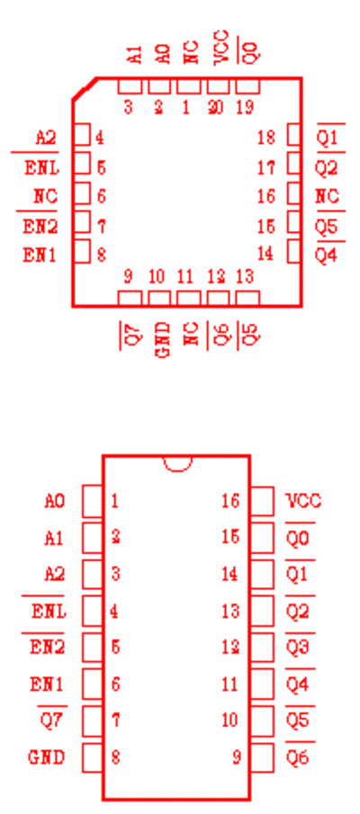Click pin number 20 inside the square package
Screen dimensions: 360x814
(216, 107)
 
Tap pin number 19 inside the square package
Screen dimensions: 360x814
(245, 107)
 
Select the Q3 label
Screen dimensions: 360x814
(298, 648)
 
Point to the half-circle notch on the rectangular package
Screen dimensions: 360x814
(177, 465)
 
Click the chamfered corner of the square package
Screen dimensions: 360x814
(85, 88)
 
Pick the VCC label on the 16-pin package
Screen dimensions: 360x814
(304, 501)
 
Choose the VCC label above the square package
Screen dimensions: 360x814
(221, 48)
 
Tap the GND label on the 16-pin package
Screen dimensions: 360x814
(47, 757)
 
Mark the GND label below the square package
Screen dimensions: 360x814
(163, 340)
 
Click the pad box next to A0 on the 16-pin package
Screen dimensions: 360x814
(93, 502)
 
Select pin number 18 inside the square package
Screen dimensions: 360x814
(266, 138)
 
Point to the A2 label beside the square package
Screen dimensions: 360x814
(46, 139)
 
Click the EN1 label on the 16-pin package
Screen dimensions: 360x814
(47, 684)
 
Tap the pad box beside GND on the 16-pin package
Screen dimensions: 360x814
(93, 757)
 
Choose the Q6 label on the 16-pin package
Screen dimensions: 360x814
(298, 757)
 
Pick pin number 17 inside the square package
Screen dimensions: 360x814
(266, 167)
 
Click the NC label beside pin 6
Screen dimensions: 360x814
(46, 196)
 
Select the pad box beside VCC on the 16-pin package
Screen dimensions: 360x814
(262, 502)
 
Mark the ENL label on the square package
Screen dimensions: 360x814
(41, 167)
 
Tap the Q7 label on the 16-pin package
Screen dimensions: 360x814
(52, 721)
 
